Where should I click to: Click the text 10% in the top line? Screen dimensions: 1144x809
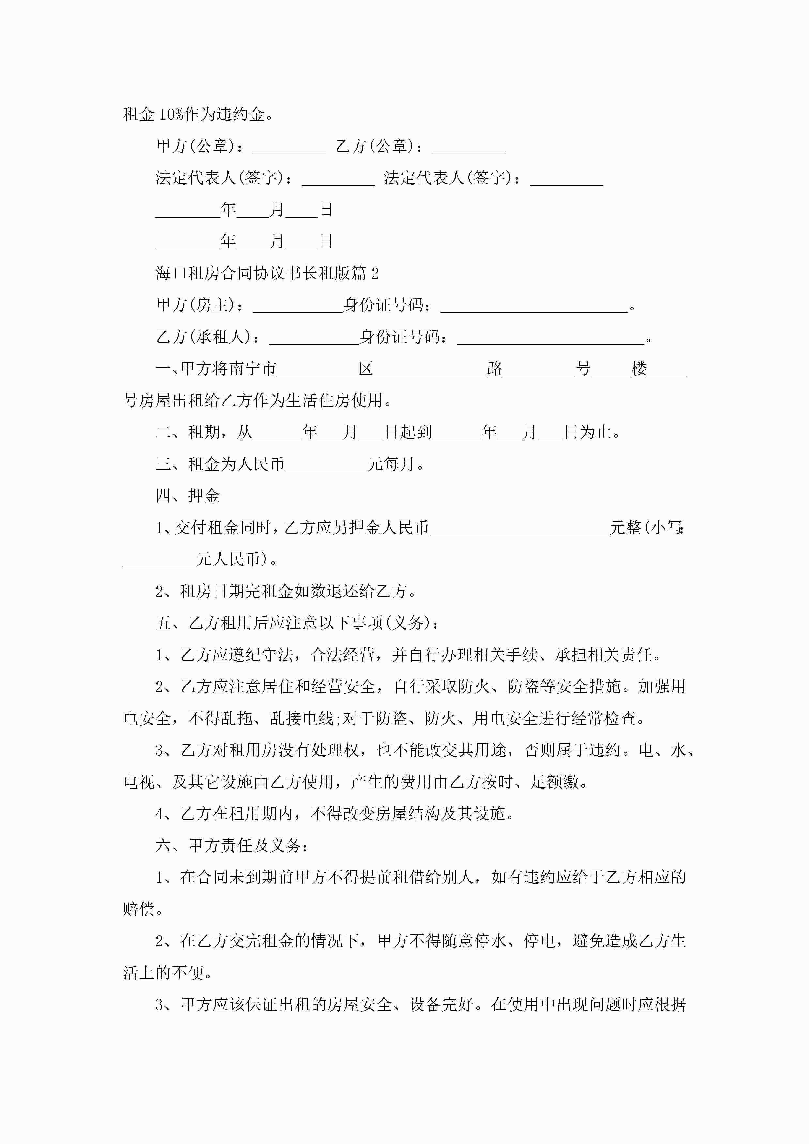click(171, 114)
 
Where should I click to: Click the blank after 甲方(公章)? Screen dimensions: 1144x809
click(289, 148)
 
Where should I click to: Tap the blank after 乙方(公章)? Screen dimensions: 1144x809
click(468, 148)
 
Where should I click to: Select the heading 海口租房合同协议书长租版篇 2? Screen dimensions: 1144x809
click(267, 273)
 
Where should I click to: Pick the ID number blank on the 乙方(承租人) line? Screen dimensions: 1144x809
click(550, 338)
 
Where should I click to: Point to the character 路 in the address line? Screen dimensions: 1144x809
click(495, 369)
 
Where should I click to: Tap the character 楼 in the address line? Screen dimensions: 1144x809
click(639, 369)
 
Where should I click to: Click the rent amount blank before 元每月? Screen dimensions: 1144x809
click(327, 465)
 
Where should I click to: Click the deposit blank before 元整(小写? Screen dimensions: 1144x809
click(519, 529)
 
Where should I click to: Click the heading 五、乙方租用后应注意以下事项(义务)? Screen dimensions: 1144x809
click(298, 623)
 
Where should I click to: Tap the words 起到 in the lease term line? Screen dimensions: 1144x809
click(416, 432)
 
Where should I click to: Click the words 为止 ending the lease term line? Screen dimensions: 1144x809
click(596, 432)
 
